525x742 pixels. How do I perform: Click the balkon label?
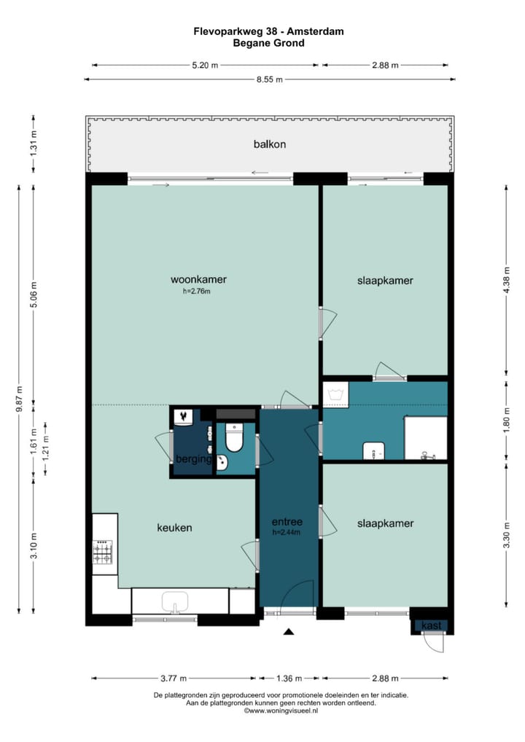tap(269, 144)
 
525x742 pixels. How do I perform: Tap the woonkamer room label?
tap(198, 279)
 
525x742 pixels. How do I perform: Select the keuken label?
tap(175, 528)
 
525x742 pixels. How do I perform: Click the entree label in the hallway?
tap(287, 522)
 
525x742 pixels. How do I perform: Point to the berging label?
tap(194, 458)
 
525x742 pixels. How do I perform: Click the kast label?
tap(431, 625)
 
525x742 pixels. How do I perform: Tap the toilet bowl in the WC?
tap(234, 438)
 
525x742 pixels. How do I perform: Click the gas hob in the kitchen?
tap(103, 552)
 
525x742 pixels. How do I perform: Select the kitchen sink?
tap(175, 602)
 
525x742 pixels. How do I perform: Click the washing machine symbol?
tap(335, 394)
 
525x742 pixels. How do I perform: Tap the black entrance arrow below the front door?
tap(289, 631)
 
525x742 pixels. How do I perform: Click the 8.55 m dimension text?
tap(269, 79)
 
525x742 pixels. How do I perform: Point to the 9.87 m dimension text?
tap(20, 399)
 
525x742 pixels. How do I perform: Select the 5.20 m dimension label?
tap(205, 66)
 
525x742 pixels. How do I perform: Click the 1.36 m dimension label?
tap(289, 679)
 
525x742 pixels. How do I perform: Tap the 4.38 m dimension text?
tap(507, 281)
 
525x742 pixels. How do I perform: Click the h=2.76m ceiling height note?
tap(196, 292)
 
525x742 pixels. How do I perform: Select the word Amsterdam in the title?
tap(315, 31)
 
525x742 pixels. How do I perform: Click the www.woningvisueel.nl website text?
tap(281, 711)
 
